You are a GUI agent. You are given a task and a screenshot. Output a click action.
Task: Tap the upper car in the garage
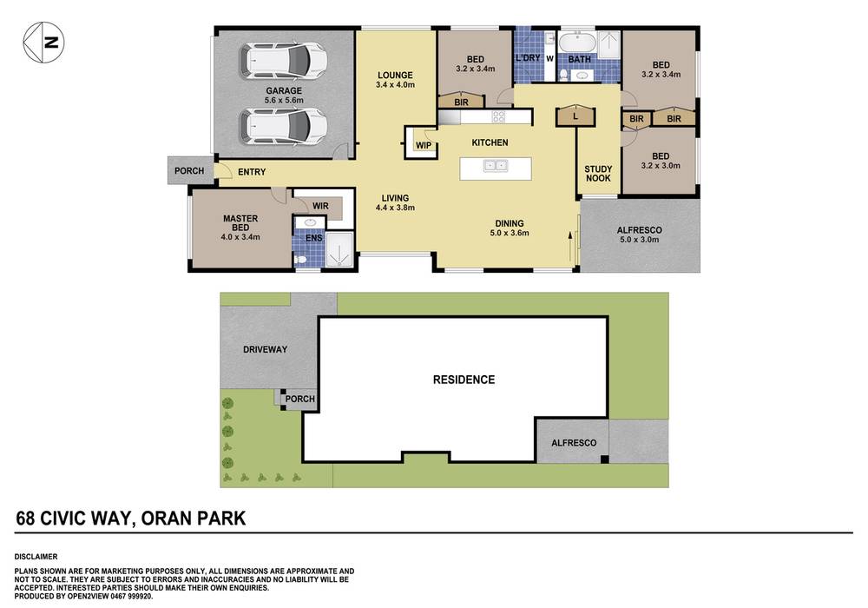click(x=284, y=60)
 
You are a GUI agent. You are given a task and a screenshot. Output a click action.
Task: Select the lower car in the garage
click(x=284, y=126)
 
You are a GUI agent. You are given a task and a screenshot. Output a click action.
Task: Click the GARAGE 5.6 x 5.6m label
click(x=284, y=95)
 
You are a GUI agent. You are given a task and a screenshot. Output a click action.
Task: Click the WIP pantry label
click(x=424, y=145)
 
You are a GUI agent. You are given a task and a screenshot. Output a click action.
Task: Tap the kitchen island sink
click(x=496, y=165)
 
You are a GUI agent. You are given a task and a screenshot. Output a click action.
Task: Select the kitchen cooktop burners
click(x=500, y=116)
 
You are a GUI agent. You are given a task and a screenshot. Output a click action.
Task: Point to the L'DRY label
click(x=528, y=58)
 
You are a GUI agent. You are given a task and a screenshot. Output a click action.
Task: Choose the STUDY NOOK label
click(x=597, y=174)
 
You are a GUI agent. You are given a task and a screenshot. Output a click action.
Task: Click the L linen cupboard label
click(x=575, y=115)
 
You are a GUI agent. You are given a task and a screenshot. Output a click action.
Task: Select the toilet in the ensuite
click(x=301, y=258)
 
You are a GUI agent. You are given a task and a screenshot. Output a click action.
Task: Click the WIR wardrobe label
click(x=319, y=206)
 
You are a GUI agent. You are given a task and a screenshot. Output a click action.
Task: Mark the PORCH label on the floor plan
click(x=189, y=171)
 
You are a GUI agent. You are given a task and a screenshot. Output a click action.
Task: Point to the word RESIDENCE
click(x=464, y=380)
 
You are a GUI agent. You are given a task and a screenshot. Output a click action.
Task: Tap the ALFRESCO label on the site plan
click(x=574, y=443)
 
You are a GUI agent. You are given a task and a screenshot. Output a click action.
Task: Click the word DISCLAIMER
click(x=36, y=556)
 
